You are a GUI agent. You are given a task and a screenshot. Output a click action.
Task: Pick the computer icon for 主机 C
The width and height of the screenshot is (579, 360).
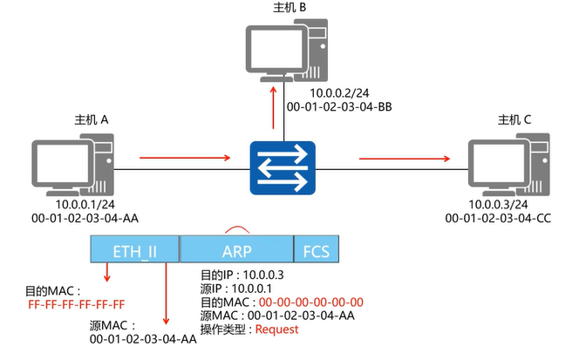[x=501, y=160]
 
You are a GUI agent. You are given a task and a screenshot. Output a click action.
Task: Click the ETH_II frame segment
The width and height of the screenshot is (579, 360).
[x=134, y=251]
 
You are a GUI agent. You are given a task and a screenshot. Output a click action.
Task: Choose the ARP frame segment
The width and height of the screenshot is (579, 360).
[x=235, y=251]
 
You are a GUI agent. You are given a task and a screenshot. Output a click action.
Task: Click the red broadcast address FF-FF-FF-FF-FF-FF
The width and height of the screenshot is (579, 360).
[x=76, y=303]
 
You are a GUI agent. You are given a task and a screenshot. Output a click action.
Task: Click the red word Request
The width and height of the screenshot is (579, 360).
[x=276, y=329]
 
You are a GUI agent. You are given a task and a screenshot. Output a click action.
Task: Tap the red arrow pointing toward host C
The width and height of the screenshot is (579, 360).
[x=405, y=159]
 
